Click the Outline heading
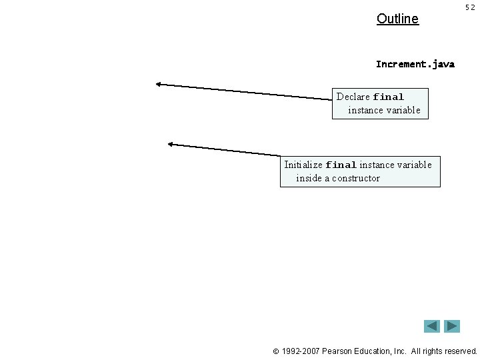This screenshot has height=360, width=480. [x=397, y=19]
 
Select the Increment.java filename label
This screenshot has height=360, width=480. [x=415, y=65]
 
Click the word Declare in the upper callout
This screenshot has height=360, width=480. [x=353, y=97]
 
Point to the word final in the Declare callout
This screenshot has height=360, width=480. [x=389, y=97]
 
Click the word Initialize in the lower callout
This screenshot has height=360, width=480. [x=303, y=165]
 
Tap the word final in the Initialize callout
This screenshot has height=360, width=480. [x=341, y=165]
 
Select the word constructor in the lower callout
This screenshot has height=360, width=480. [x=356, y=178]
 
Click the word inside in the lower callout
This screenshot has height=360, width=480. [x=309, y=178]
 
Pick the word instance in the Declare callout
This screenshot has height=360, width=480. [x=365, y=110]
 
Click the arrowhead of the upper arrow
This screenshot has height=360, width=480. [x=159, y=84]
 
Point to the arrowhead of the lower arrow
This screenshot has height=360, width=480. [x=171, y=143]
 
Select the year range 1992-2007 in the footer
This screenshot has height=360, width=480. [x=301, y=351]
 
